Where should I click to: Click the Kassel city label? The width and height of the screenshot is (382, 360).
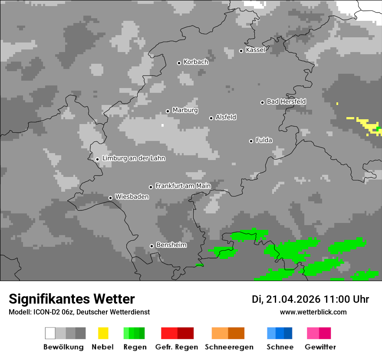tap(255, 50)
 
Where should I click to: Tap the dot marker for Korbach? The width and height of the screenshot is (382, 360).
tap(179, 63)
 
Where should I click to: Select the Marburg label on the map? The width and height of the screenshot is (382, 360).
tap(185, 110)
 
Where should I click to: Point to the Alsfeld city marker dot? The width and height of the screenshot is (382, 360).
tap(211, 118)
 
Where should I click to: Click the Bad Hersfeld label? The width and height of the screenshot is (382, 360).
tap(286, 101)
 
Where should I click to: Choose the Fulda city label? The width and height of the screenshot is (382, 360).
tap(264, 140)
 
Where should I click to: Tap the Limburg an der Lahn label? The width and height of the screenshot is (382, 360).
tap(133, 158)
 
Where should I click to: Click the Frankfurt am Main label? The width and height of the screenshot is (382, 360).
tap(183, 186)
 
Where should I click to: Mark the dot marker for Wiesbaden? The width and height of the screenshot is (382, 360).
tap(110, 198)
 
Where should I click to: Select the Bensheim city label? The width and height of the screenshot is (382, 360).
tap(171, 245)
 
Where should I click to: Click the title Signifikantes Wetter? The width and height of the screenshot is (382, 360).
tap(72, 299)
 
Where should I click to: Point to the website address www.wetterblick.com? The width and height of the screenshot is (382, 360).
tap(313, 312)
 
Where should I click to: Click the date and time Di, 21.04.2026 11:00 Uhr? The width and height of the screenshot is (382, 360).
tap(310, 299)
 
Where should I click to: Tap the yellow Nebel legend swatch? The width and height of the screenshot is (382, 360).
tap(103, 333)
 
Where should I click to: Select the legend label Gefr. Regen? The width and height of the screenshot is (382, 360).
tap(177, 347)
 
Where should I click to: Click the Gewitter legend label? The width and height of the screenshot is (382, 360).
tap(320, 347)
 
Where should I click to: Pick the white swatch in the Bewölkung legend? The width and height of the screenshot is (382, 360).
tap(50, 333)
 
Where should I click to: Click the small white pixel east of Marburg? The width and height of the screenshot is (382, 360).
tap(163, 125)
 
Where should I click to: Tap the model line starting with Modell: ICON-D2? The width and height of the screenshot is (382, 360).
tap(79, 312)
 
